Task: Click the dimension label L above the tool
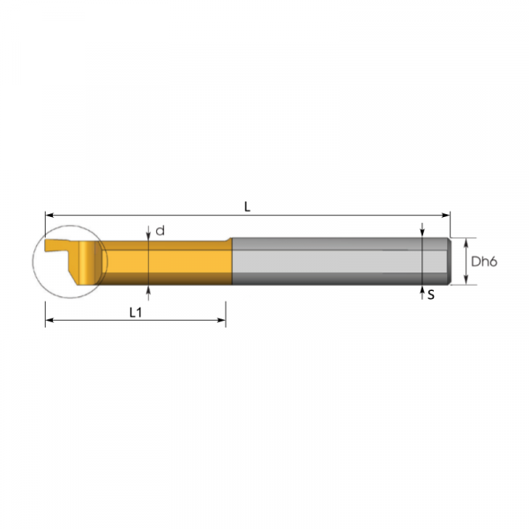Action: click(x=247, y=207)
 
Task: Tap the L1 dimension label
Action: click(x=136, y=313)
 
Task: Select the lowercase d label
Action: click(x=160, y=231)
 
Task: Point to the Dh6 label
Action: click(x=484, y=262)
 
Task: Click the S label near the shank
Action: click(x=431, y=295)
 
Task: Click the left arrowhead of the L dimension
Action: click(x=49, y=215)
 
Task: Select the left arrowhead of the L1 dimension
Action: click(x=49, y=320)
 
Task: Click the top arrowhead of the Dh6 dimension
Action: click(x=466, y=242)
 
